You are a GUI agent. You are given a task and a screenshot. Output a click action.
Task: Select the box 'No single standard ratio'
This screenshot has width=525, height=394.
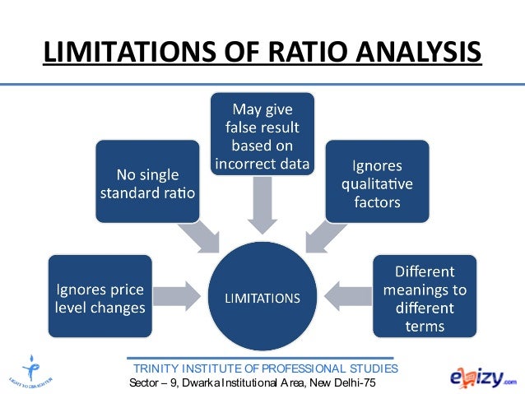pyautogui.click(x=147, y=181)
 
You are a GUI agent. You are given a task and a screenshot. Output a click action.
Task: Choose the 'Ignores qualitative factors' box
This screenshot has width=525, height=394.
pyautogui.click(x=377, y=181)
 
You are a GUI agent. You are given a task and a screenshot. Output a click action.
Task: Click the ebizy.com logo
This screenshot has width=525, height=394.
pyautogui.click(x=482, y=376)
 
